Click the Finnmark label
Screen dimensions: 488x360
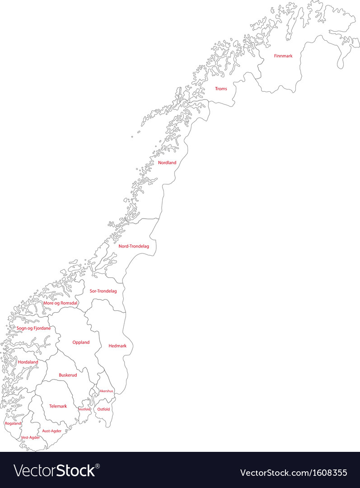[283, 56]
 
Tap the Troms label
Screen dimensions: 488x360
[221, 89]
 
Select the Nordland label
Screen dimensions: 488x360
[167, 163]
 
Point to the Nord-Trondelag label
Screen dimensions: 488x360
[134, 246]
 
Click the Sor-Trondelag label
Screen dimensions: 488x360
[103, 291]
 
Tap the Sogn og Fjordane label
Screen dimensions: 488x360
[34, 328]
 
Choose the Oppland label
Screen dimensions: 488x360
[81, 343]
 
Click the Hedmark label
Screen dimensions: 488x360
[117, 346]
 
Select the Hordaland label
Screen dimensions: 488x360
[28, 362]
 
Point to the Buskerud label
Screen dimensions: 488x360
[68, 375]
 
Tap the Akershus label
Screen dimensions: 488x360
[107, 391]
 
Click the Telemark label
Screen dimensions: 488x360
[58, 406]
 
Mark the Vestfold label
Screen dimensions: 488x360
[84, 409]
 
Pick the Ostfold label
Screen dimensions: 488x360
[104, 409]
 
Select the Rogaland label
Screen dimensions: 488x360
[13, 423]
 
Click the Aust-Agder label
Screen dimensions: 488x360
[52, 431]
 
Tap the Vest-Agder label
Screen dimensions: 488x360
[31, 437]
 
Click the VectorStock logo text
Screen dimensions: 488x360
[57, 471]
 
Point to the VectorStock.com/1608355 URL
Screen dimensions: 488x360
[294, 473]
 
